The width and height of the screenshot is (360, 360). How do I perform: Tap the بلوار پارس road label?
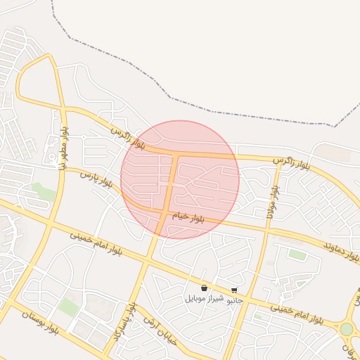pos(96,179)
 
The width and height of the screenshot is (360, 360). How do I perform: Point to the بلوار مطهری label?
pos(63,147)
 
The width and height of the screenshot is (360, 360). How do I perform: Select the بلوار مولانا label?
pos(271,202)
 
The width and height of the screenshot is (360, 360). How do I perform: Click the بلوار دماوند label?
pos(342,250)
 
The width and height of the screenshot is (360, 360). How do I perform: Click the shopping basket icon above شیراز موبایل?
pos(204,288)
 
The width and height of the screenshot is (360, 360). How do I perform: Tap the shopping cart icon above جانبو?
pos(234,290)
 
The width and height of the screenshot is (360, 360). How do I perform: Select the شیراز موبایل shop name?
pos(205,299)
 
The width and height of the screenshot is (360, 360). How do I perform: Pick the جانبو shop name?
pos(234,300)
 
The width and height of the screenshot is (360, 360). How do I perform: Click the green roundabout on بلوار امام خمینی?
pos(347,329)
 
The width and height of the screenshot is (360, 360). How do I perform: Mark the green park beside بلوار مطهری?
pos(44,191)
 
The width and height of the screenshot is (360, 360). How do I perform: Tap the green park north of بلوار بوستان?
pos(69,307)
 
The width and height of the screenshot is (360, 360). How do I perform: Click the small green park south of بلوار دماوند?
pos(297,255)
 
